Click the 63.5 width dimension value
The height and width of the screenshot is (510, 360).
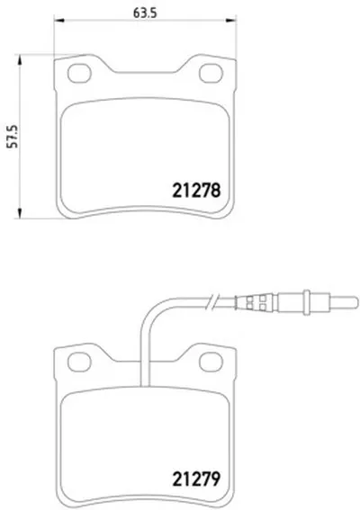(x=145, y=13)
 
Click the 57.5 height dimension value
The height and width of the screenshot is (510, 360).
(x=13, y=137)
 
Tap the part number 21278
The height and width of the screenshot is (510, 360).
(x=196, y=191)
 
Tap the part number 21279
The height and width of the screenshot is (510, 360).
(x=196, y=479)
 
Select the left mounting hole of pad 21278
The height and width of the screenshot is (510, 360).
(x=79, y=73)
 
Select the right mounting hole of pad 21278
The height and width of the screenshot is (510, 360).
(x=211, y=73)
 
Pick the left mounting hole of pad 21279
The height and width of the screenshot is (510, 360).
(x=79, y=362)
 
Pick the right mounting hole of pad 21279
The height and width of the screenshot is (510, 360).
(x=211, y=362)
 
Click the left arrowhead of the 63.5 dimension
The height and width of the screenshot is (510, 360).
(x=59, y=21)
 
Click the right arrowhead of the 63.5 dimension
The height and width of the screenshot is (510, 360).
(x=231, y=21)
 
